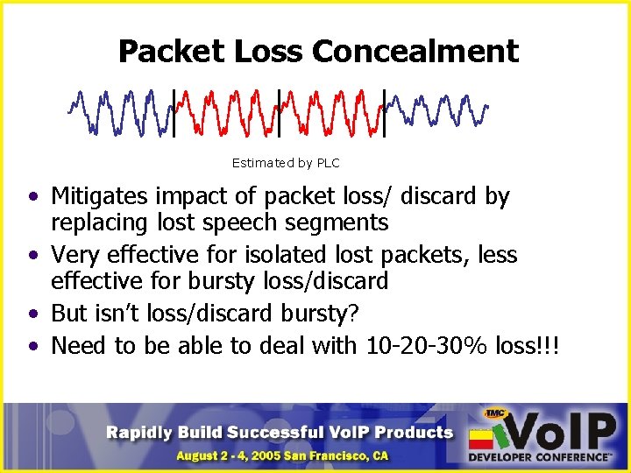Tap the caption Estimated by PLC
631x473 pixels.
pos(285,163)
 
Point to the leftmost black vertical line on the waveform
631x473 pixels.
pos(174,113)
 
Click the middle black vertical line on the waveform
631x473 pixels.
pos(279,113)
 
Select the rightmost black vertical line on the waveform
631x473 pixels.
pos(384,113)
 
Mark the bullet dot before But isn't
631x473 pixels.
pos(32,314)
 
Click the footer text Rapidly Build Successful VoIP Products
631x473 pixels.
pos(280,432)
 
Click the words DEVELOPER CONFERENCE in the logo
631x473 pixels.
pos(540,457)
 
